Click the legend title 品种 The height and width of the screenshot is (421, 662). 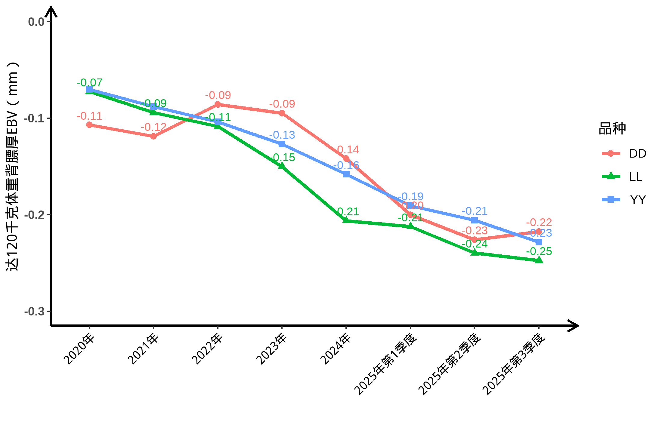coord(612,129)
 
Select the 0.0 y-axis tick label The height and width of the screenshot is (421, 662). coord(36,22)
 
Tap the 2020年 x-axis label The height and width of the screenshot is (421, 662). coord(79,349)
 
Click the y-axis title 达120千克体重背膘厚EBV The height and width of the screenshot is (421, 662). coord(13,167)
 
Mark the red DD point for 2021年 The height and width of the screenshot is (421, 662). coord(153,136)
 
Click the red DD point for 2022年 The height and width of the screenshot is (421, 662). coord(218,104)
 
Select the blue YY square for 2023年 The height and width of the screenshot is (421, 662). coord(282,144)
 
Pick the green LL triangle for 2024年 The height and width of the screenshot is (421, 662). coord(346,220)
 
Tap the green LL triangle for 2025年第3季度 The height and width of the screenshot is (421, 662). coord(539,260)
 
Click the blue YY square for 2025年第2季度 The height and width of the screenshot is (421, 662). coord(475,220)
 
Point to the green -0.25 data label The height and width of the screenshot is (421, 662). coord(539,251)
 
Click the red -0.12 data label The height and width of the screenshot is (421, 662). coord(153,127)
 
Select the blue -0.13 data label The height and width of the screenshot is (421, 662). coord(282,135)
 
